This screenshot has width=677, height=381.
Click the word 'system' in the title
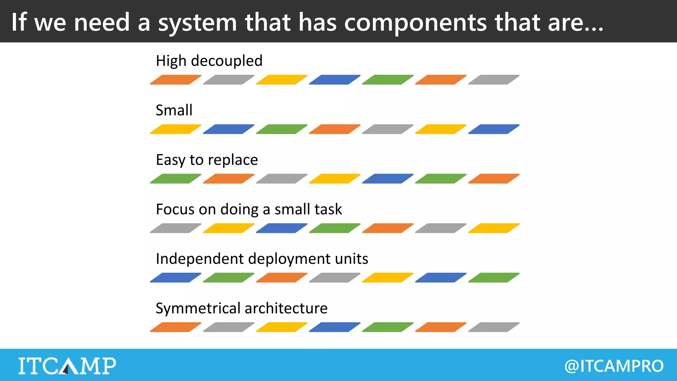[197, 22]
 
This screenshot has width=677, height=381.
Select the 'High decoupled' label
[209, 61]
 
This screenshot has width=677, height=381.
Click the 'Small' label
[174, 110]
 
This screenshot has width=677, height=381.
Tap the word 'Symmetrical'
[198, 308]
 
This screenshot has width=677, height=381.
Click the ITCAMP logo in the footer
[67, 366]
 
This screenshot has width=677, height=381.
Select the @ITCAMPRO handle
[614, 366]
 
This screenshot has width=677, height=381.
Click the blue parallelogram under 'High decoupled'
[335, 80]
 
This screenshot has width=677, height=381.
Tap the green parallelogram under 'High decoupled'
[387, 80]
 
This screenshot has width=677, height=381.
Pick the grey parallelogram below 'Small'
[387, 129]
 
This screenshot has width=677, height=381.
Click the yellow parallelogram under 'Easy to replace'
[335, 179]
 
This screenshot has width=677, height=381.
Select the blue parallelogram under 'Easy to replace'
[387, 179]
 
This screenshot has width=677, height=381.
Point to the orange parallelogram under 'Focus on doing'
[387, 228]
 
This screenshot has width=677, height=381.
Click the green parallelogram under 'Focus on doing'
[335, 228]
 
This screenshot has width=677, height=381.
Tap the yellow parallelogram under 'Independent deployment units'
[387, 277]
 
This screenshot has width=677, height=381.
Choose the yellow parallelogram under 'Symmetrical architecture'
[281, 327]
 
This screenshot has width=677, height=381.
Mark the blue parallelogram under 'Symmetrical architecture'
[335, 327]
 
